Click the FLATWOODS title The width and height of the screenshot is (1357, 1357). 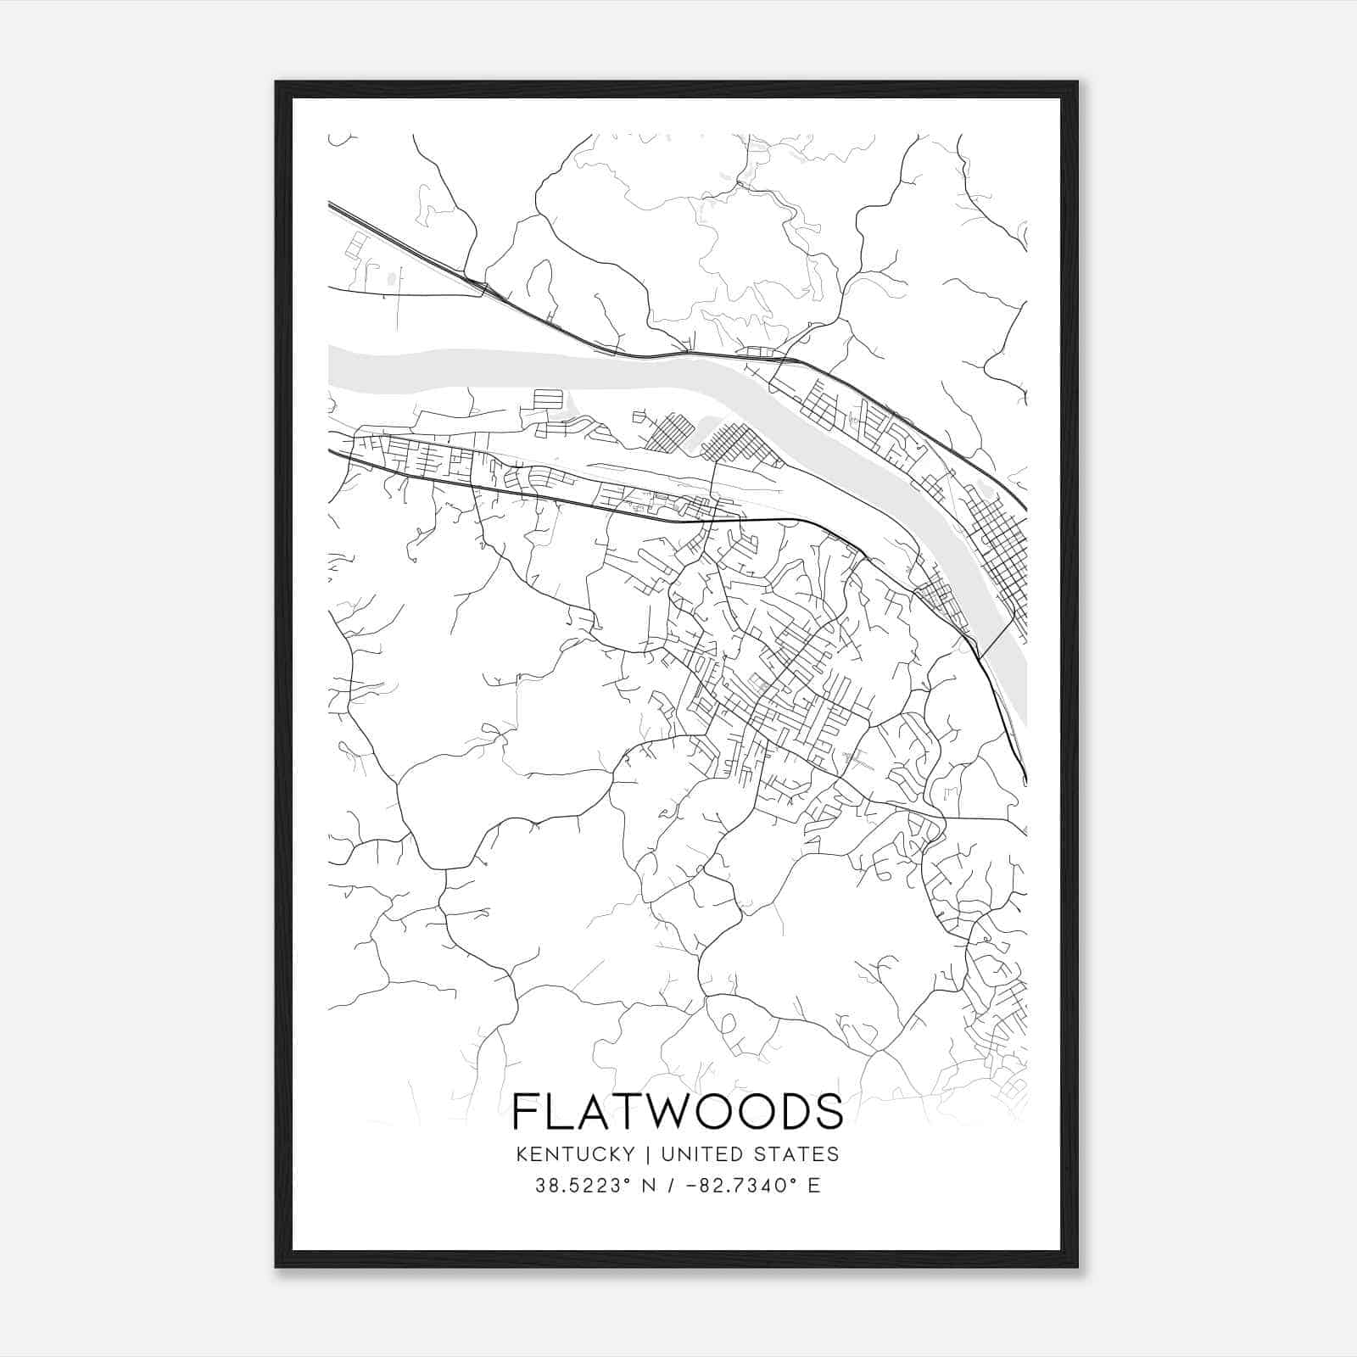point(678,1111)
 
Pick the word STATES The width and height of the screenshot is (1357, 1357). point(797,1154)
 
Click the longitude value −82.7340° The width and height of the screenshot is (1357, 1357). point(738,1186)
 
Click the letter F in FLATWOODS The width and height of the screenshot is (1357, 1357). point(526,1111)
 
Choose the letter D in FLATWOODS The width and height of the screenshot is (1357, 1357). point(788,1111)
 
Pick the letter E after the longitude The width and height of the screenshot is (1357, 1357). point(813,1186)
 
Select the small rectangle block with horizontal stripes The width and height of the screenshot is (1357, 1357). point(547,400)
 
